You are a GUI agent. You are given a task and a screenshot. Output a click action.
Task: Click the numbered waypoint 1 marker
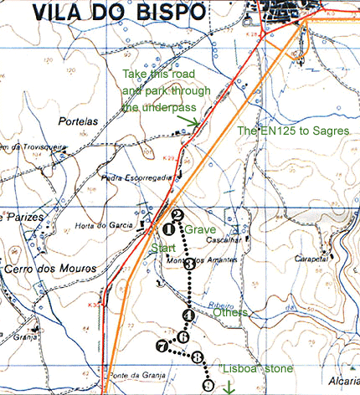click(x=171, y=228)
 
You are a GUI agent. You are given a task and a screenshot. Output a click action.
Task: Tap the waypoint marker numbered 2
click(x=177, y=214)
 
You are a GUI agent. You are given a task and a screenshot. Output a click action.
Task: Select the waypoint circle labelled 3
click(x=190, y=264)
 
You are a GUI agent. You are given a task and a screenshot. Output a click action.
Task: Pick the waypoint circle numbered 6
click(x=183, y=337)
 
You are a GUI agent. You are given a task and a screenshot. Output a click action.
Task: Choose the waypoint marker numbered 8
click(x=198, y=357)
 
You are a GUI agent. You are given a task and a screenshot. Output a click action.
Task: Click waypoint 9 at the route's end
click(x=208, y=384)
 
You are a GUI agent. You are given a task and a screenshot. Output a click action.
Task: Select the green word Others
click(x=229, y=313)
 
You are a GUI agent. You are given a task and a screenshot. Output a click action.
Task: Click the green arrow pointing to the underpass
click(x=193, y=124)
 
